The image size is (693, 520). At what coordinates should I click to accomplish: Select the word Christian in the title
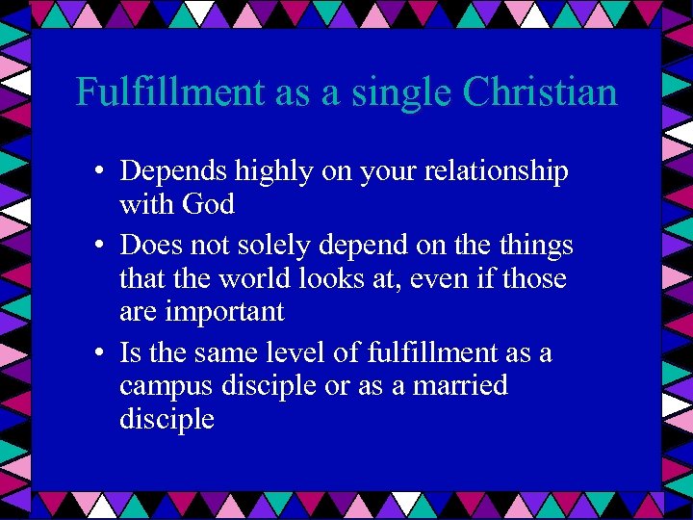(540, 92)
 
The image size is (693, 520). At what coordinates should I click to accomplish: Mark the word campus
(164, 386)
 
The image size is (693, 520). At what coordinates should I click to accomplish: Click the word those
(532, 279)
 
